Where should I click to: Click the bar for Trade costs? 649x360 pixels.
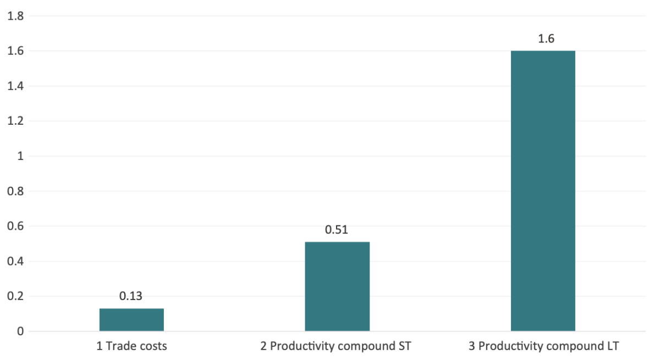131,320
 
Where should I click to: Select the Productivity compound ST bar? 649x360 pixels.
337,286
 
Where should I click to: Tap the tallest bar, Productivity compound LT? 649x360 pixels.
543,191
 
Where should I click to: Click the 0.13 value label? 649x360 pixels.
131,296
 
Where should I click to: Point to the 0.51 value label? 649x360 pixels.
337,230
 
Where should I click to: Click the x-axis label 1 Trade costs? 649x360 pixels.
131,347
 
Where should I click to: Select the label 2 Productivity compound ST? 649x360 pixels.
336,347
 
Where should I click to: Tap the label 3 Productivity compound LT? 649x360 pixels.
543,347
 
